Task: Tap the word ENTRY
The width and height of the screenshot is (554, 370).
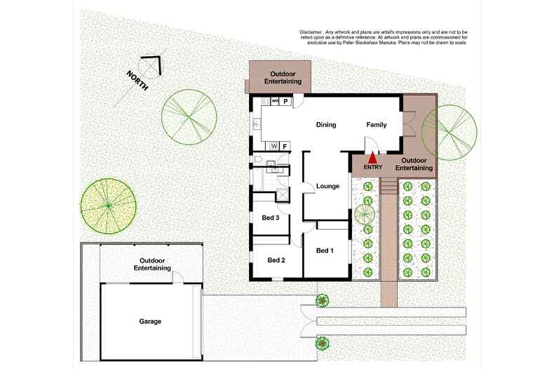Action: [373, 168]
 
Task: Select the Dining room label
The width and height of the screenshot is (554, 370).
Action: [326, 125]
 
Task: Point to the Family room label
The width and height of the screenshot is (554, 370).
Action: [377, 125]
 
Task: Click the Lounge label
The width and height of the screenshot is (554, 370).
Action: [327, 186]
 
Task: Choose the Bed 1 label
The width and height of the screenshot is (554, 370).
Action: [325, 251]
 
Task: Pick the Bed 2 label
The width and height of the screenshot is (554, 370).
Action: [276, 260]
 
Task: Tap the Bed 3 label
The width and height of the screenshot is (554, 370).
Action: [271, 218]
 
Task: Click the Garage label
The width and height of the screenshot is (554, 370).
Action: [150, 322]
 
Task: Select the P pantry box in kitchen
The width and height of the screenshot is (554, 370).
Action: [286, 102]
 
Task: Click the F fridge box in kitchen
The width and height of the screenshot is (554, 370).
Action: [285, 146]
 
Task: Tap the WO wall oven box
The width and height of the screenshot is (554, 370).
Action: [276, 102]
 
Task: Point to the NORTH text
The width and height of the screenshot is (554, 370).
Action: [137, 81]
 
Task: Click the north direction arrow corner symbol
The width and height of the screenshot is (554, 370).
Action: [153, 65]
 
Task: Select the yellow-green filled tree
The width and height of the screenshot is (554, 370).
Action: [107, 206]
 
